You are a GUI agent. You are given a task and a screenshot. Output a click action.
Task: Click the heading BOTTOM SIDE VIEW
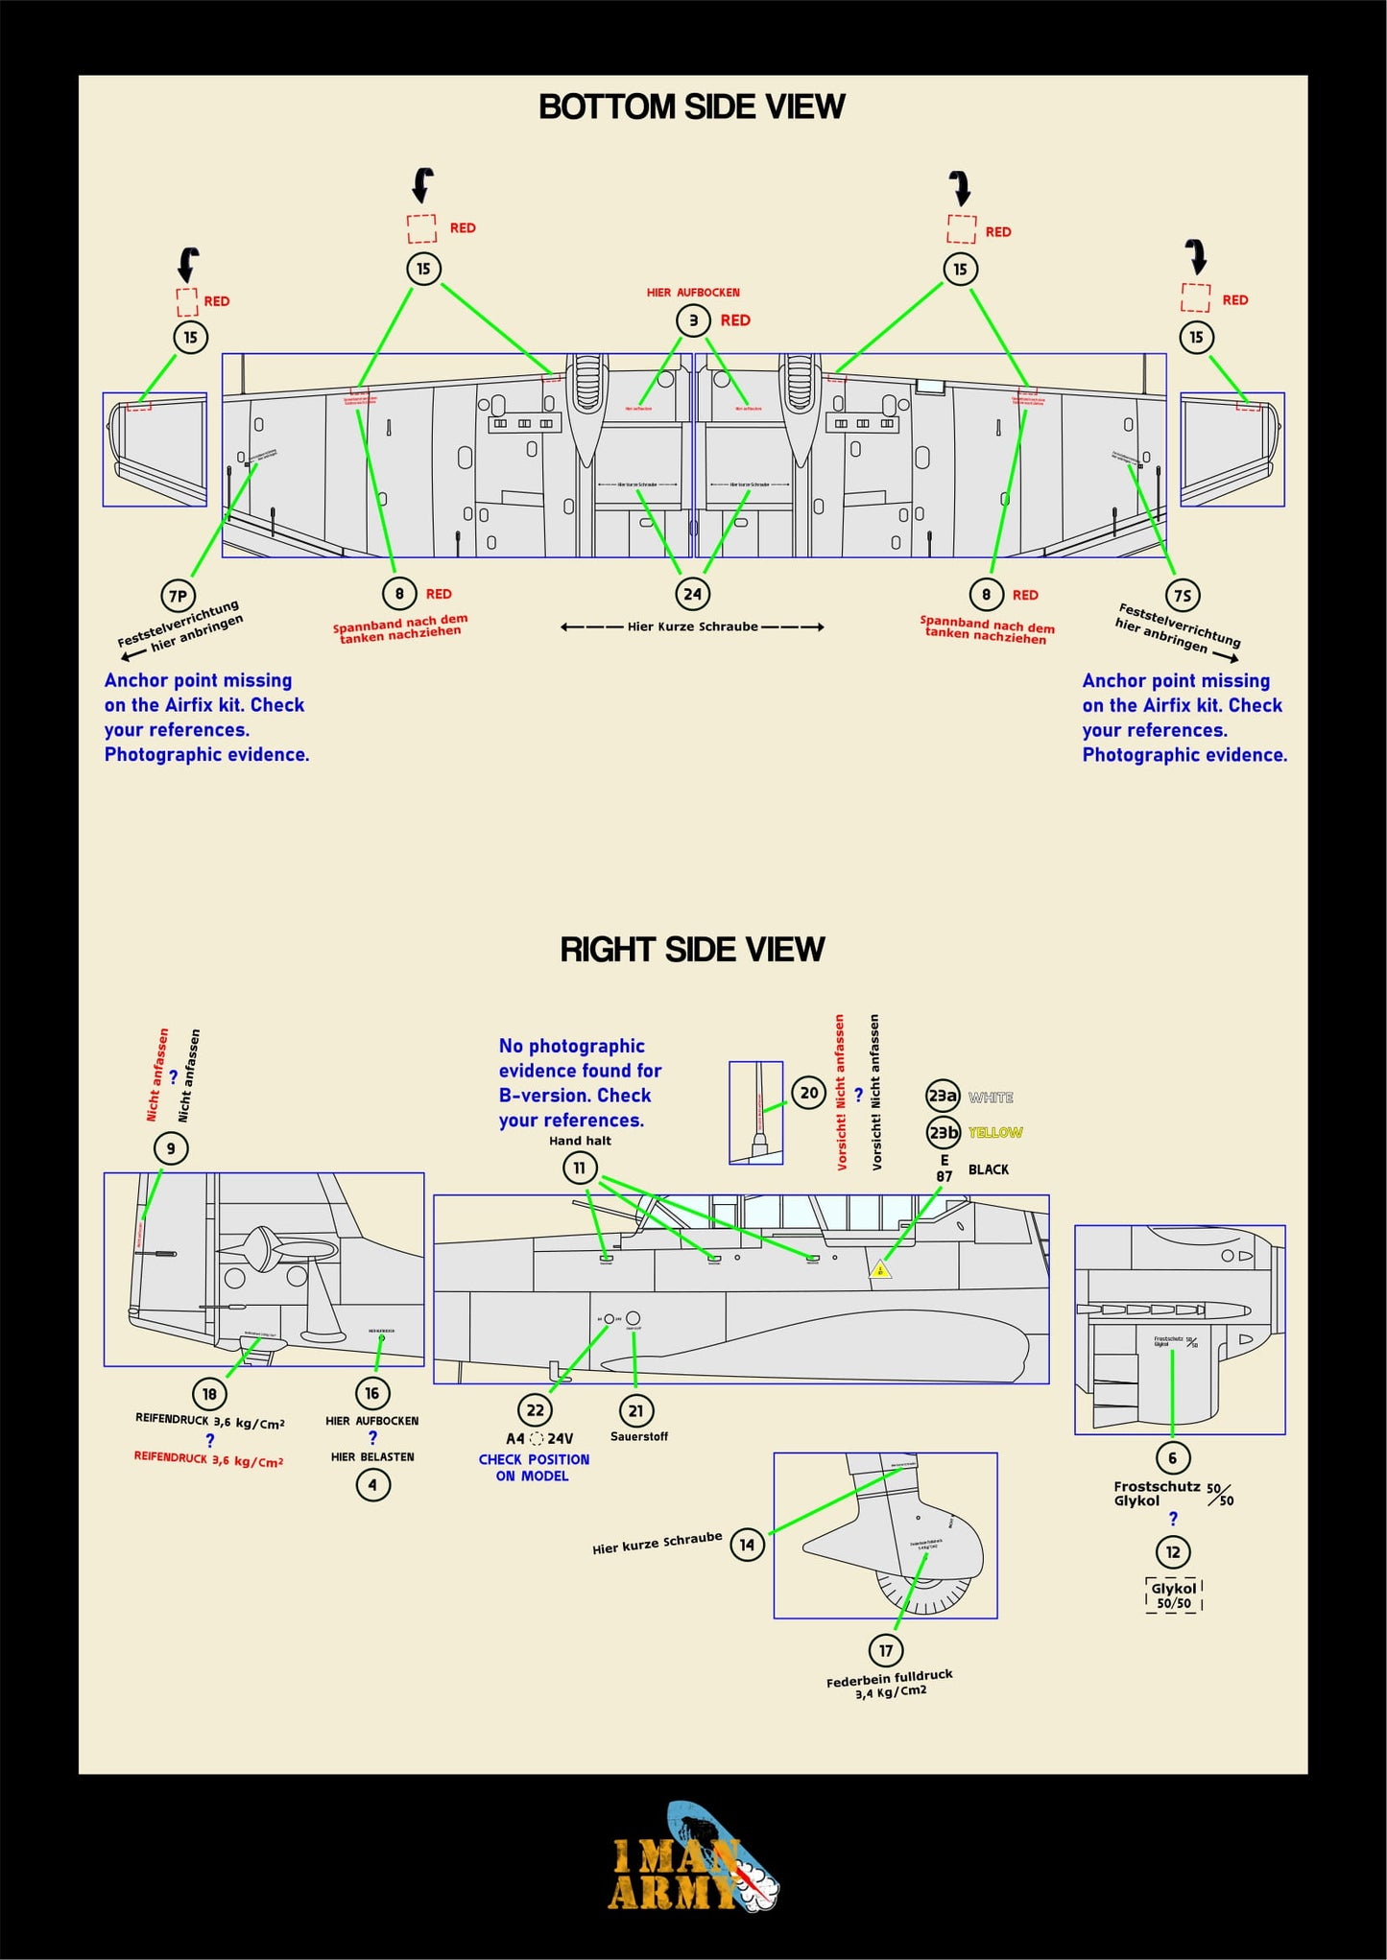[x=691, y=106]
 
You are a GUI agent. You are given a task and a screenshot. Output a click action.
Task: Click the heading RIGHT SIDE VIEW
[x=691, y=949]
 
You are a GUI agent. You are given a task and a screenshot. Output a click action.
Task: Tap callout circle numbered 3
[x=693, y=320]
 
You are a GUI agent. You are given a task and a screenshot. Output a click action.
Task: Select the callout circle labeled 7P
[x=179, y=596]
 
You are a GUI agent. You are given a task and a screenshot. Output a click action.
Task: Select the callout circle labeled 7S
[x=1183, y=596]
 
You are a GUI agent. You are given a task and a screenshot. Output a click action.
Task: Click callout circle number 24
[x=692, y=594]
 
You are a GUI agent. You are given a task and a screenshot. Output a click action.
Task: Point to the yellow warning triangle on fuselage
[x=880, y=1270]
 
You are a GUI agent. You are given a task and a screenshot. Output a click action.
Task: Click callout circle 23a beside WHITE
[x=943, y=1096]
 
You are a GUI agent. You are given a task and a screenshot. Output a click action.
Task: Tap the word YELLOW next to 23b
[x=995, y=1133]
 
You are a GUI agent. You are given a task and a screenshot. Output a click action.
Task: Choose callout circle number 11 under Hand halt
[x=580, y=1168]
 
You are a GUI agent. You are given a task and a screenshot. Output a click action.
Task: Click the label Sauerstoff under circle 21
[x=639, y=1436]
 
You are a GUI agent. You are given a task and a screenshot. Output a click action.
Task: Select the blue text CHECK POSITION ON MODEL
[x=534, y=1467]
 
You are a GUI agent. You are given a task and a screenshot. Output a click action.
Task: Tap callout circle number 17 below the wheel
[x=885, y=1650]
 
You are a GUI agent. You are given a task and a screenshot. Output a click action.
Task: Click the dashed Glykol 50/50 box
[x=1173, y=1595]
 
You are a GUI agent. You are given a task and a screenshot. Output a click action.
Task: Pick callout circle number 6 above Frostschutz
[x=1172, y=1458]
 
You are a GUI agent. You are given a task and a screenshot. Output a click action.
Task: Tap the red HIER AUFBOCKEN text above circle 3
[x=693, y=293]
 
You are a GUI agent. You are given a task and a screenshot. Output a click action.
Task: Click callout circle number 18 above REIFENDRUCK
[x=209, y=1394]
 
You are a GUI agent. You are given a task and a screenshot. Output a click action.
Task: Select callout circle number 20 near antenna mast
[x=809, y=1093]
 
